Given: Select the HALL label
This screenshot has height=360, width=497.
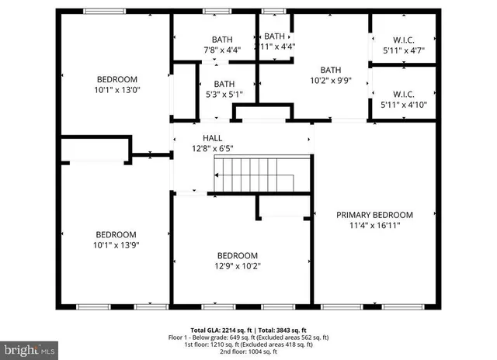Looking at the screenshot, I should tap(202, 137).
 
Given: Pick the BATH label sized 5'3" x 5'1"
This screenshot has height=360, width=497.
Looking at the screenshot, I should tap(224, 85).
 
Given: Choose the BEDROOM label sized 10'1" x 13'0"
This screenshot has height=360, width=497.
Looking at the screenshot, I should tap(116, 79).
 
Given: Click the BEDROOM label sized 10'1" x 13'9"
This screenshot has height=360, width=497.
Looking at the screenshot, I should tap(116, 234).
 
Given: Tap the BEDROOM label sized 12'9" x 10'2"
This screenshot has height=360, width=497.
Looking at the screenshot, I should tap(238, 256).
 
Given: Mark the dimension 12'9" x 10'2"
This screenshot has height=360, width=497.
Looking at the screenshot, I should tap(238, 266).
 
